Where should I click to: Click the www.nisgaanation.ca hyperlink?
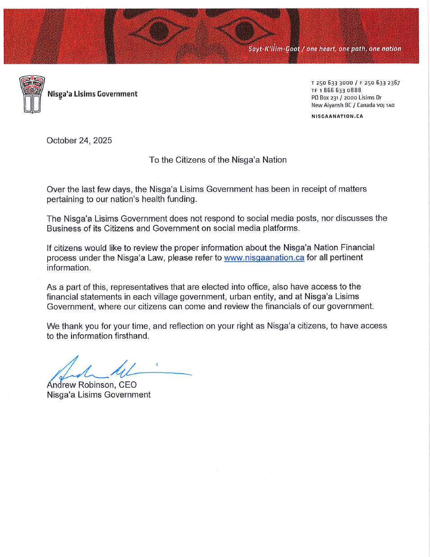(x=264, y=258)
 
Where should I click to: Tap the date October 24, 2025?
(x=79, y=141)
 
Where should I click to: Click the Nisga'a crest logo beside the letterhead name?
(x=32, y=94)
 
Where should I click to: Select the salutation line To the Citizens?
(x=218, y=160)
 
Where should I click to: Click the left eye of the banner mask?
(x=159, y=31)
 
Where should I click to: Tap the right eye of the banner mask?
(x=244, y=31)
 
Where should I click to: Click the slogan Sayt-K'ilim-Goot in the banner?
(x=274, y=49)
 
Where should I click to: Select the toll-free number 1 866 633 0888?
(x=340, y=90)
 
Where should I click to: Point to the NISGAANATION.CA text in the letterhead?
(x=337, y=116)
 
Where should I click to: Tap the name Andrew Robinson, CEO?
(x=92, y=385)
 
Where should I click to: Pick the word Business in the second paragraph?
(x=63, y=228)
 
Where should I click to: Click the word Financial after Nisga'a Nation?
(x=357, y=248)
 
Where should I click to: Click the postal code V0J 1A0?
(x=385, y=105)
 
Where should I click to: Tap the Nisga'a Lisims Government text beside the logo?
(x=93, y=94)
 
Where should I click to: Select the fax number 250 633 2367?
(x=382, y=83)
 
